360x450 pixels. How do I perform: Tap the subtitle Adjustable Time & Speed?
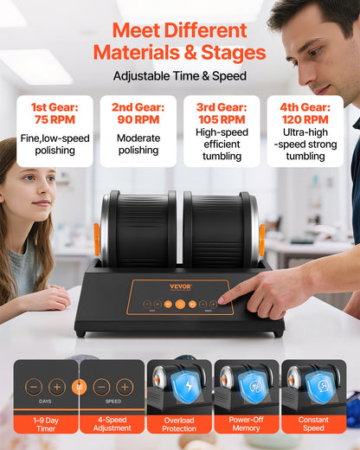[x=179, y=76]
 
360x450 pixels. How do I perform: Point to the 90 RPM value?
[x=138, y=119]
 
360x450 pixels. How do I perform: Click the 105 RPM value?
[x=222, y=119]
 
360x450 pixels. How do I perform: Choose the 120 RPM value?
[x=305, y=119]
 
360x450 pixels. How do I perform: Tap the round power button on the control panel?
[x=180, y=304]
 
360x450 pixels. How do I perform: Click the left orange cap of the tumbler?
[x=97, y=240]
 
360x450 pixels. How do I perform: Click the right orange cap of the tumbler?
[x=261, y=240]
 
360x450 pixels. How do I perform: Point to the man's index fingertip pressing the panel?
[x=222, y=299]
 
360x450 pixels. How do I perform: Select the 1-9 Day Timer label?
[x=46, y=422]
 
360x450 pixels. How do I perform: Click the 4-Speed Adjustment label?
[x=112, y=422]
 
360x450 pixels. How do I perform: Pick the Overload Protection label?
[x=179, y=422]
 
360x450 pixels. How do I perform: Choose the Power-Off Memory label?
[x=246, y=422]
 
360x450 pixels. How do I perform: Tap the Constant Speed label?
[x=313, y=422]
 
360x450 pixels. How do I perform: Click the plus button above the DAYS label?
[x=57, y=387]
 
